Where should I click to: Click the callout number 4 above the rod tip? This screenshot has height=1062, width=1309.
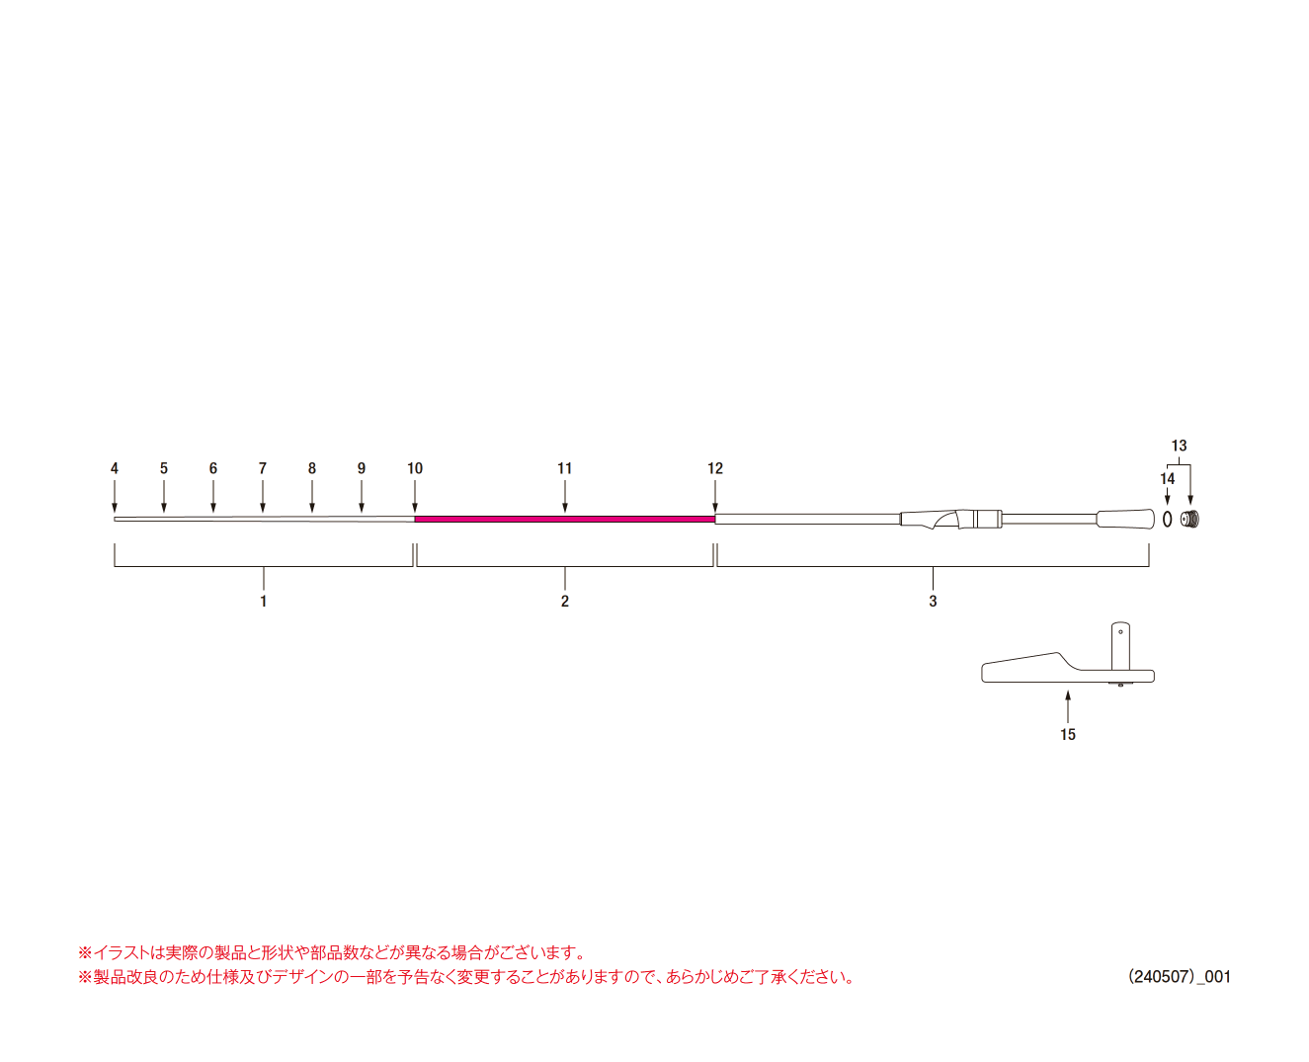(x=115, y=468)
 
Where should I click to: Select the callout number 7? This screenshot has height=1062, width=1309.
(x=263, y=468)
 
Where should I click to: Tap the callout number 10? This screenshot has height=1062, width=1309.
(x=415, y=468)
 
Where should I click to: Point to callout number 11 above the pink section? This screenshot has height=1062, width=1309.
(x=565, y=468)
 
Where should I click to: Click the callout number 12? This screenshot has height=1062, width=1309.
(x=714, y=468)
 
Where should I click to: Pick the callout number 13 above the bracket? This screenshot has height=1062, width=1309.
(x=1179, y=446)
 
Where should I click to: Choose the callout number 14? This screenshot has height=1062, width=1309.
(x=1167, y=479)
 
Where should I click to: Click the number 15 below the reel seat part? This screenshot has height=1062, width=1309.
(x=1068, y=734)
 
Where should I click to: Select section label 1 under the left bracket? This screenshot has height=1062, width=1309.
(x=264, y=601)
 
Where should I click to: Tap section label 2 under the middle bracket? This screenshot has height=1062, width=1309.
(x=565, y=601)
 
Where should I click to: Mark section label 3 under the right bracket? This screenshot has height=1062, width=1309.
(x=933, y=601)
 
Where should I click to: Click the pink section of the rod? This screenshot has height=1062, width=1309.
(x=565, y=520)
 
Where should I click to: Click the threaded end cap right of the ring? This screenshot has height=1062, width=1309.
(x=1191, y=520)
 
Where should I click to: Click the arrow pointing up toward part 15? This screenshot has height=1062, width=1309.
(x=1068, y=706)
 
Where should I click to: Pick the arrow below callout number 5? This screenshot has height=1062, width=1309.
(x=163, y=496)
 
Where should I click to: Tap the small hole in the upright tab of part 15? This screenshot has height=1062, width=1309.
(x=1120, y=632)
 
